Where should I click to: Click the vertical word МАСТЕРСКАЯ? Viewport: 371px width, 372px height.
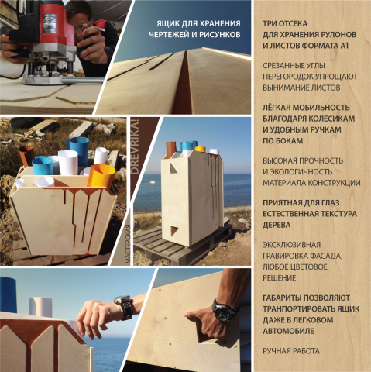click(128, 244)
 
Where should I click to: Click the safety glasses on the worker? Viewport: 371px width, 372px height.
click(83, 28)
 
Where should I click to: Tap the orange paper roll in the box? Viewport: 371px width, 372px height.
click(101, 176)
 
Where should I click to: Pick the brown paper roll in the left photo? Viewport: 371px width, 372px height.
click(26, 155)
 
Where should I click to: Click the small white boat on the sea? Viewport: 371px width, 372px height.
click(153, 182)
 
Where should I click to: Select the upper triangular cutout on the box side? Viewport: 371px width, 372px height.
click(173, 168)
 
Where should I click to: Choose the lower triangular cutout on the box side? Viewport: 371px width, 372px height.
click(173, 230)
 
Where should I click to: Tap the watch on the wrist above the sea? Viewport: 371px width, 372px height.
click(125, 307)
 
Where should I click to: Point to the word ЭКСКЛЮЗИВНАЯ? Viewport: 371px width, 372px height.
click(291, 245)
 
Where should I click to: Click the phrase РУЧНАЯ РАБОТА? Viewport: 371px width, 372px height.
click(291, 351)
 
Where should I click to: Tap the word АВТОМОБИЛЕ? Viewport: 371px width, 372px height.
click(288, 331)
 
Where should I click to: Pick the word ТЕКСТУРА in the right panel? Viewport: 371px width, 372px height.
click(337, 214)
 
